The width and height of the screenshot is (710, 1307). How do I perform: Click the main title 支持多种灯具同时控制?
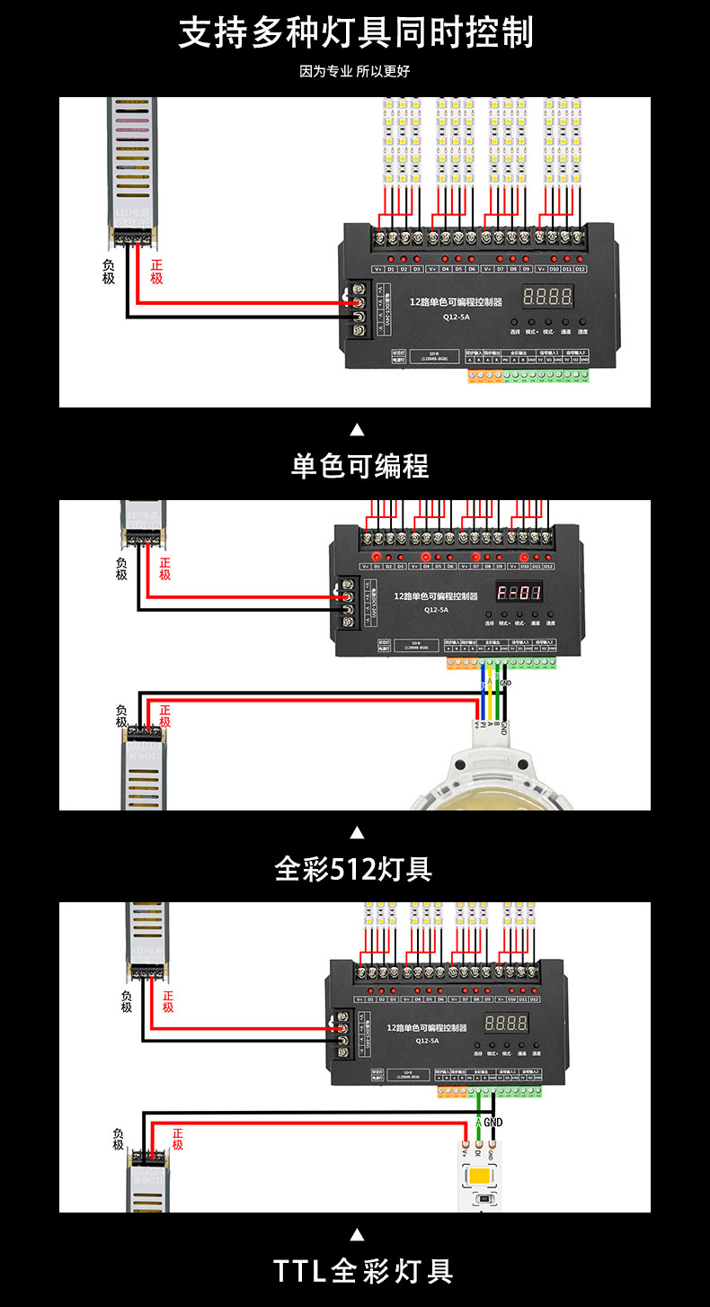point(355,32)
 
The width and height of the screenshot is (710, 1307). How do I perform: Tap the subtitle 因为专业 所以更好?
point(355,71)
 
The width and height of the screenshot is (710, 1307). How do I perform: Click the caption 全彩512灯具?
point(354,869)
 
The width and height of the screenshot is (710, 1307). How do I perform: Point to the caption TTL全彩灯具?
point(363,1271)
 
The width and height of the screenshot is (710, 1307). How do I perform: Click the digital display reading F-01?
point(519,593)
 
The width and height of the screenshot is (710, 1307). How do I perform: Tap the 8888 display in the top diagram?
point(547,296)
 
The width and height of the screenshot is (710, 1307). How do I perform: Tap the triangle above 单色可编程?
point(357,429)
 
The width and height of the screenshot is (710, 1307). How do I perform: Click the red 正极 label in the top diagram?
point(156,272)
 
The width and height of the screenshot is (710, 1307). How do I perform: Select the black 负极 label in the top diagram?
point(109,272)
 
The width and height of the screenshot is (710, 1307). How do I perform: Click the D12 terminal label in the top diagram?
point(580,269)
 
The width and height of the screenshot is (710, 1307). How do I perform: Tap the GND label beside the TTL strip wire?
point(493,1123)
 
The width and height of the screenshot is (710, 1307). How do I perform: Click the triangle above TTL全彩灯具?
point(357,1234)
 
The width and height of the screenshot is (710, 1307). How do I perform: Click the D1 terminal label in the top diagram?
point(391,269)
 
